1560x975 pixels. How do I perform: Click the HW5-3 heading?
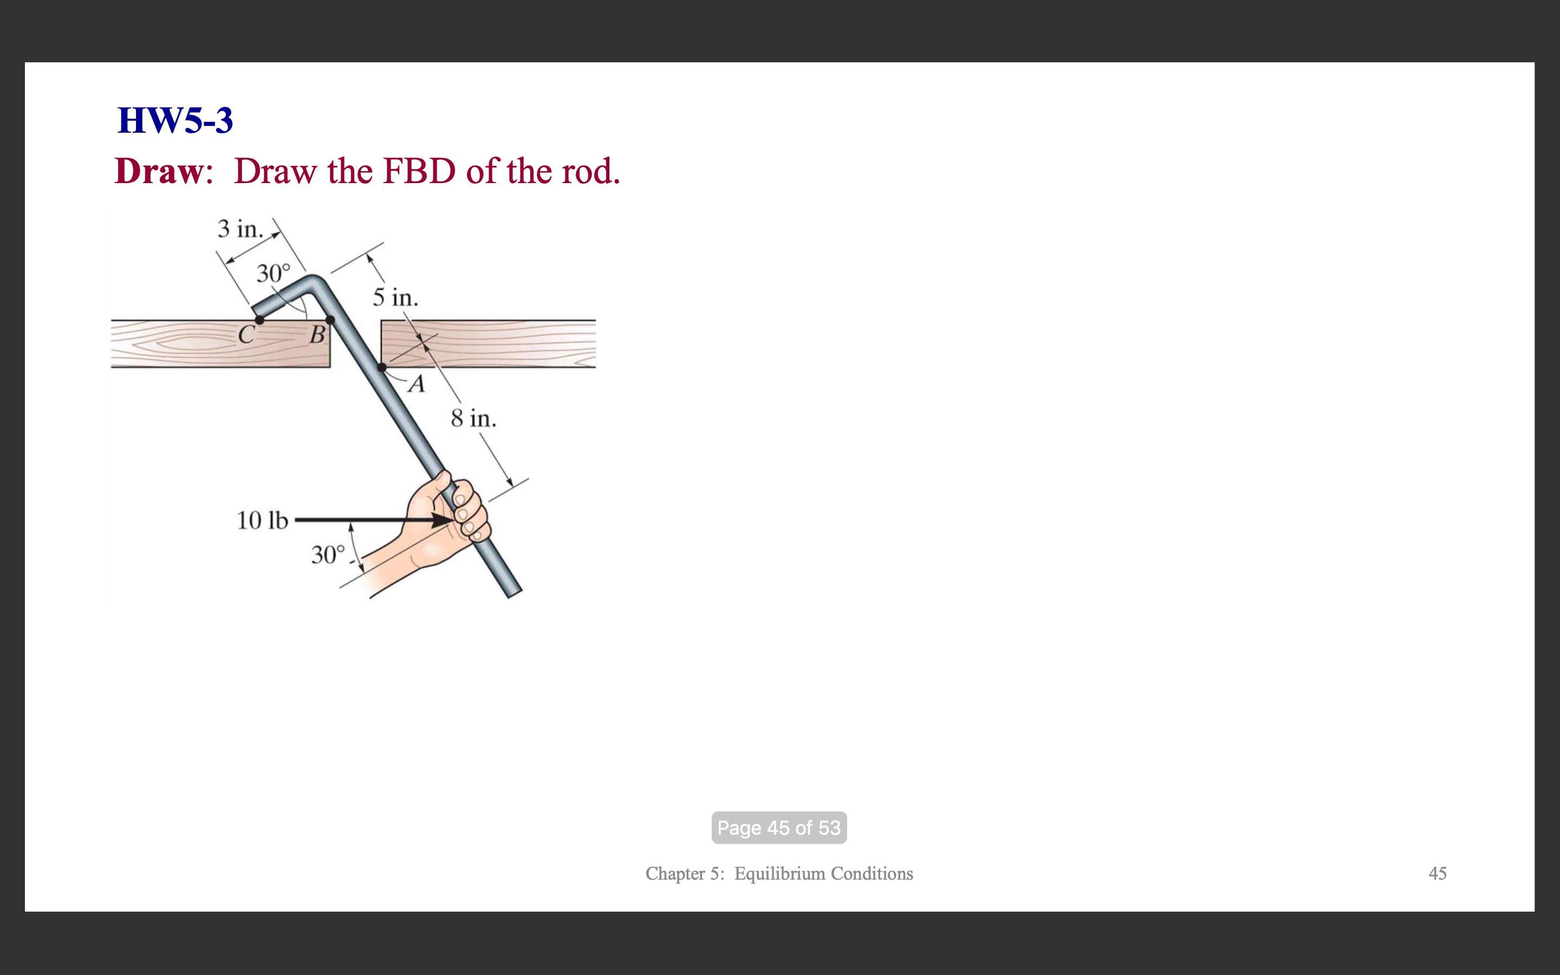pos(175,121)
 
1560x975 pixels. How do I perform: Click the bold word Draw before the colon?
pos(159,172)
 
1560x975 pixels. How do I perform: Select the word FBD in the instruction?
pos(419,172)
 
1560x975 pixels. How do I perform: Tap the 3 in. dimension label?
pos(240,229)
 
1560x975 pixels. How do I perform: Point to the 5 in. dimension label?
pos(395,298)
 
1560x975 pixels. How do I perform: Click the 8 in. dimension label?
pos(473,419)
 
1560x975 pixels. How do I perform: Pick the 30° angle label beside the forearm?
pos(328,555)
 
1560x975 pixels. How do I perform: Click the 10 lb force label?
pos(262,521)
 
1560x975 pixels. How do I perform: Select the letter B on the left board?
pos(317,335)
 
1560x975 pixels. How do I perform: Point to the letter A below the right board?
pos(417,385)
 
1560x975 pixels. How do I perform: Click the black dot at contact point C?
pos(259,320)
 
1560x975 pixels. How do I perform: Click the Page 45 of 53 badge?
pos(779,827)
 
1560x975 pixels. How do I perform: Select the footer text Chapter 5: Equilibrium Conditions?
pos(779,874)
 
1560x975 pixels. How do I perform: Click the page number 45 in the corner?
pos(1437,874)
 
